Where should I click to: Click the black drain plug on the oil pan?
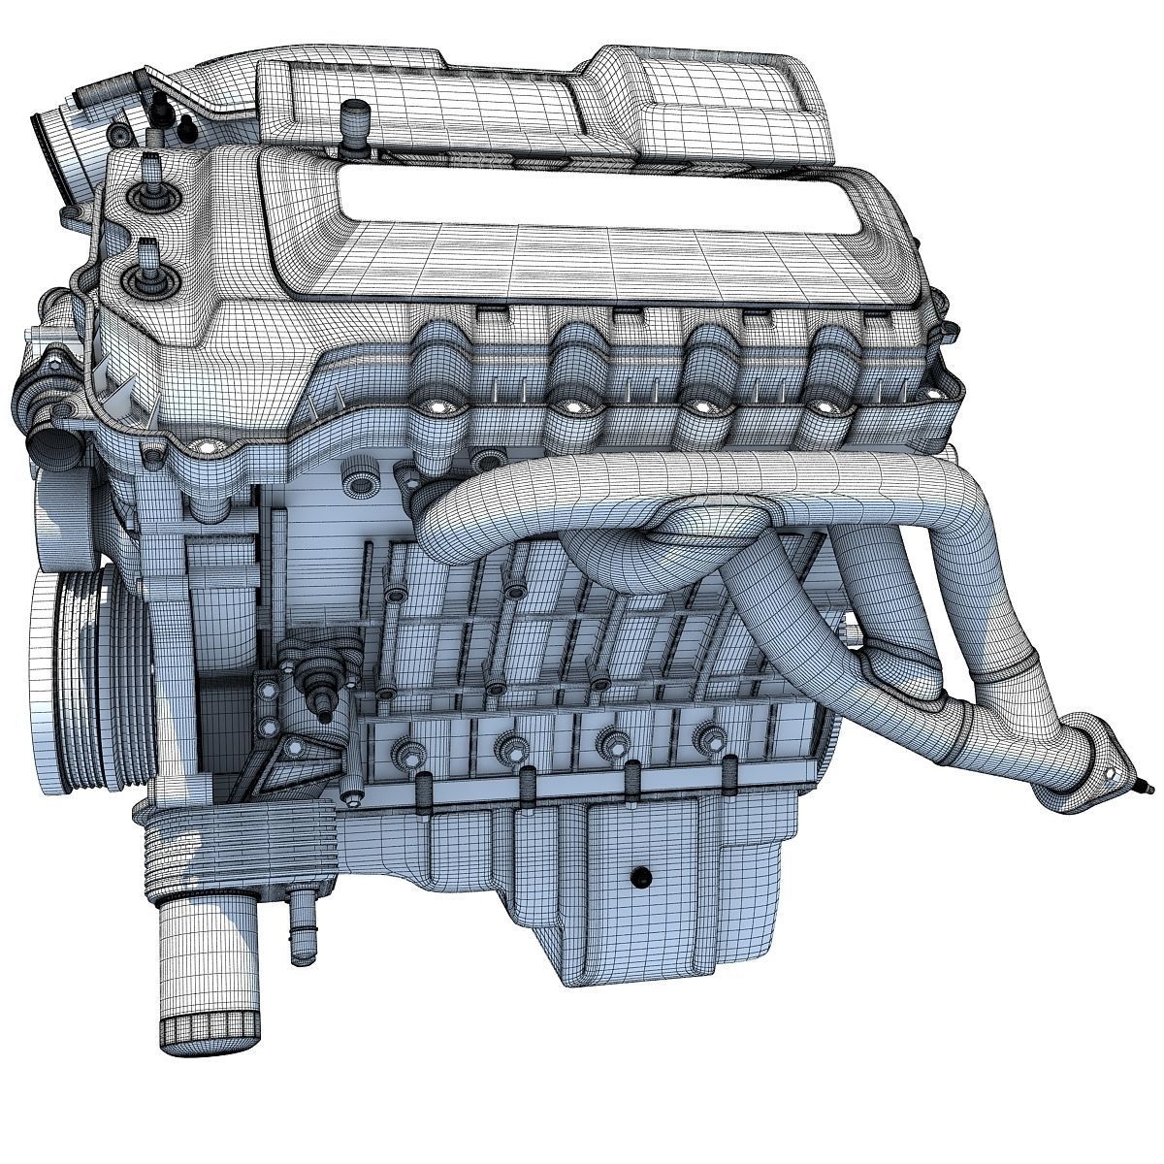pos(637,876)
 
